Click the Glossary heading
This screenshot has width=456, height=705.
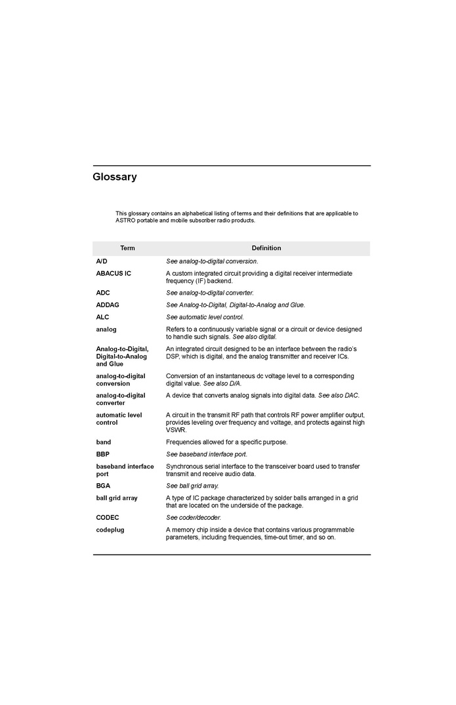(115, 177)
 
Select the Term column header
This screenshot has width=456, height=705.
(127, 248)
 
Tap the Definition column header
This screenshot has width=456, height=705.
(266, 248)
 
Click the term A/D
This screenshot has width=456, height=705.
(102, 261)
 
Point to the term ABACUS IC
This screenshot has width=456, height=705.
(114, 273)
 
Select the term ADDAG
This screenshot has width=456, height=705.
(108, 305)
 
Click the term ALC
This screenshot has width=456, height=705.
(102, 317)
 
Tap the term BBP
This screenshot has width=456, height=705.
(102, 454)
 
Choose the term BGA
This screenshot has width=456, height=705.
(103, 486)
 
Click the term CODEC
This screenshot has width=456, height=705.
(108, 517)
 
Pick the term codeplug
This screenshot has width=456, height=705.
(110, 530)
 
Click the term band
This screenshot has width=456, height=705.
(104, 442)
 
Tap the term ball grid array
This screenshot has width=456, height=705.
(117, 498)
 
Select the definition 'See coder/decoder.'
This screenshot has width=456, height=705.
(194, 517)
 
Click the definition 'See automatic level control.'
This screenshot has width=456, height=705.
(205, 317)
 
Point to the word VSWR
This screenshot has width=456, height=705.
(176, 430)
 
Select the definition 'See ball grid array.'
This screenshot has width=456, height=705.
(192, 486)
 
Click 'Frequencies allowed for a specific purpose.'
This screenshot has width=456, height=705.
(226, 442)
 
